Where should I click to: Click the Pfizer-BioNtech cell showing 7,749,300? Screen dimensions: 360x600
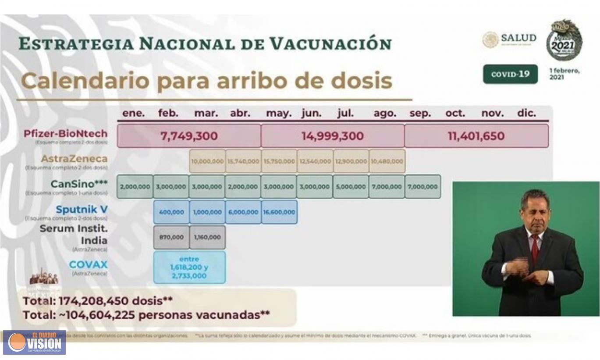(189, 136)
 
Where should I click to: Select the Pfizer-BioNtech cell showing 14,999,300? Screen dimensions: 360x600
(332, 136)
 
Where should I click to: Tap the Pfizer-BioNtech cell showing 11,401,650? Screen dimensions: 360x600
(476, 136)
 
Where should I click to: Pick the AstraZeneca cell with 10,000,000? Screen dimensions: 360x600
(207, 161)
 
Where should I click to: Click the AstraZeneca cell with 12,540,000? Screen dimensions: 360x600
(315, 161)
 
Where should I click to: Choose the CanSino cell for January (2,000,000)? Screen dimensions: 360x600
(135, 186)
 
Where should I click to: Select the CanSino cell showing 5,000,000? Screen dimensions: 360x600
(351, 186)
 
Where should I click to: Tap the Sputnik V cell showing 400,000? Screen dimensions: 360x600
(171, 212)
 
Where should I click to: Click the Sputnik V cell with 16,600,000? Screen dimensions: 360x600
(279, 212)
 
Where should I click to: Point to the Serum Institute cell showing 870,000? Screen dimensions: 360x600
(171, 237)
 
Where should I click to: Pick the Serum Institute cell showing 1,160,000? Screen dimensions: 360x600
(207, 237)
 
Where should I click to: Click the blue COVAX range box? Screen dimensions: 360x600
(189, 267)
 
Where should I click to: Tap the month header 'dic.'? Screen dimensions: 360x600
(526, 113)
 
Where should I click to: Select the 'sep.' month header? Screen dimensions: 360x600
(420, 113)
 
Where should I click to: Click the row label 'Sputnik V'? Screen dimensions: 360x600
(82, 209)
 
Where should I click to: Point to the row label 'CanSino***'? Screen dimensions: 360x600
(79, 184)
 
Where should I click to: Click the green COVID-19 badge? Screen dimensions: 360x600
(510, 74)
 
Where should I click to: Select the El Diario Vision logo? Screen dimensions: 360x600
(34, 342)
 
